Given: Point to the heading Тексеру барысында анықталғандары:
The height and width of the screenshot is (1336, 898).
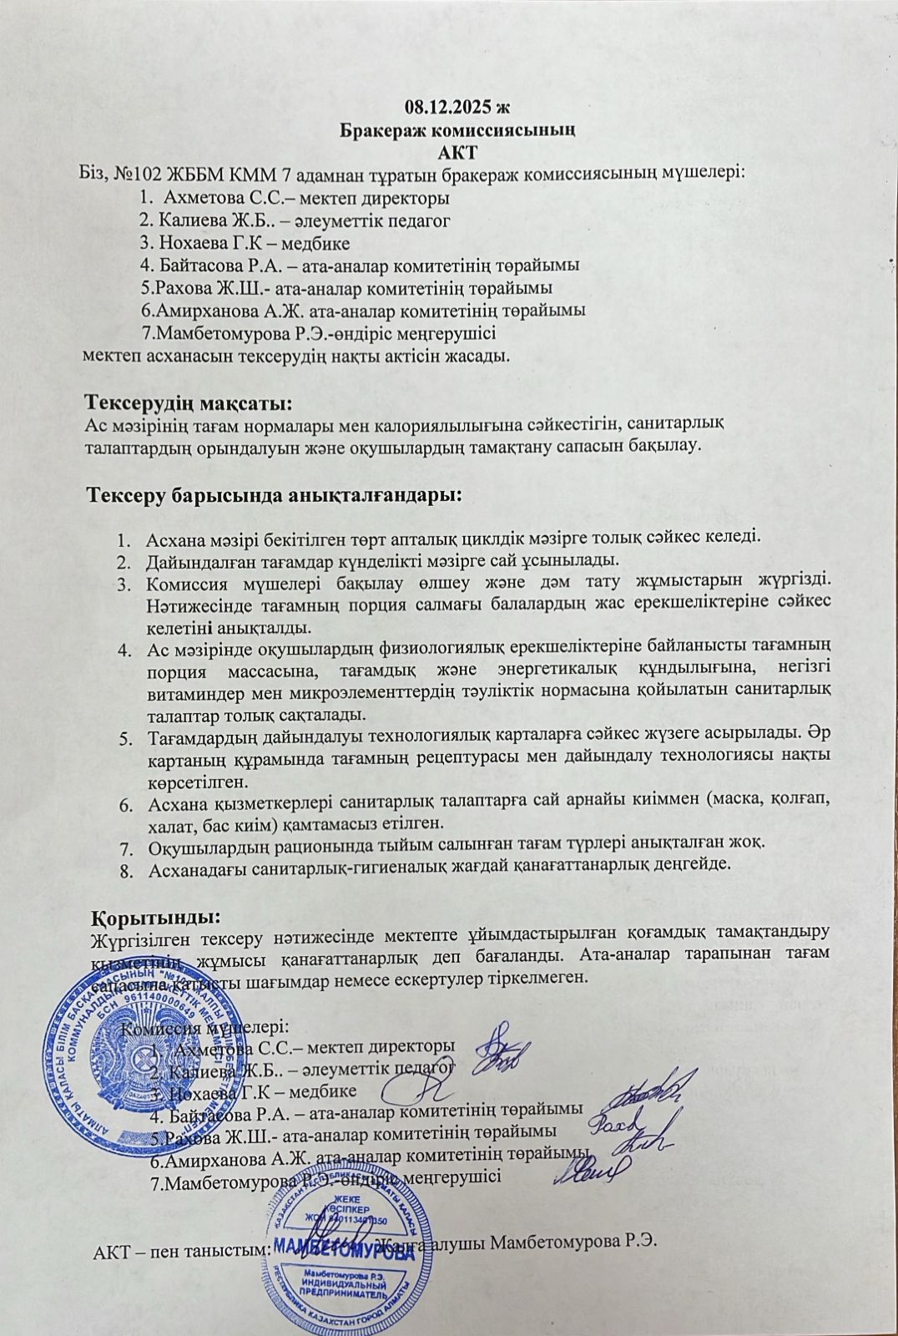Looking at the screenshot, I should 275,494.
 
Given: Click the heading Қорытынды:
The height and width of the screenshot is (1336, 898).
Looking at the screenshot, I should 155,918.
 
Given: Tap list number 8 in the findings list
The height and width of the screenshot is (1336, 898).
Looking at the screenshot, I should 126,868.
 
